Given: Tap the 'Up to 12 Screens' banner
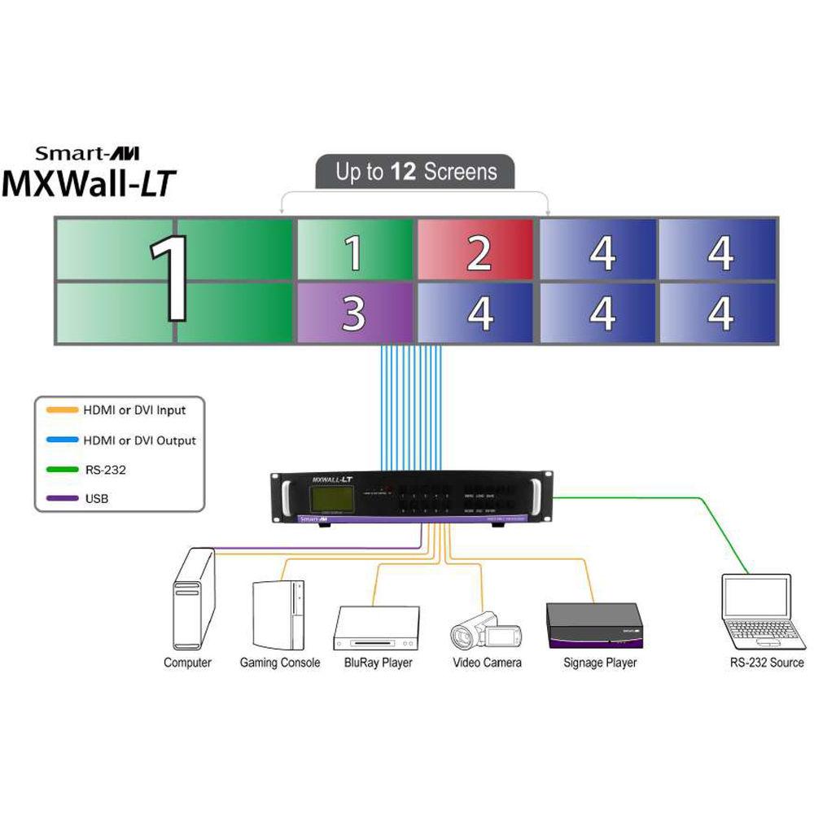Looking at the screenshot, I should coord(416,172).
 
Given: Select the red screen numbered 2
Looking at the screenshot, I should coord(478,249).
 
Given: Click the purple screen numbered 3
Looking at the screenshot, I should coord(354,313).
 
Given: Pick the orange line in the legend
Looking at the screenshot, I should coord(58,410).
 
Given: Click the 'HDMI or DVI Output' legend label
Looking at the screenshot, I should coord(139,440).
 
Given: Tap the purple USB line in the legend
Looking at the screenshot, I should coord(58,497).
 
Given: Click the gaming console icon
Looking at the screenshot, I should coord(278,612).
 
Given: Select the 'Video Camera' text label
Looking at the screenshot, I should coord(487,663).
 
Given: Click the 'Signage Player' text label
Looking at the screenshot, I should coord(600,663).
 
